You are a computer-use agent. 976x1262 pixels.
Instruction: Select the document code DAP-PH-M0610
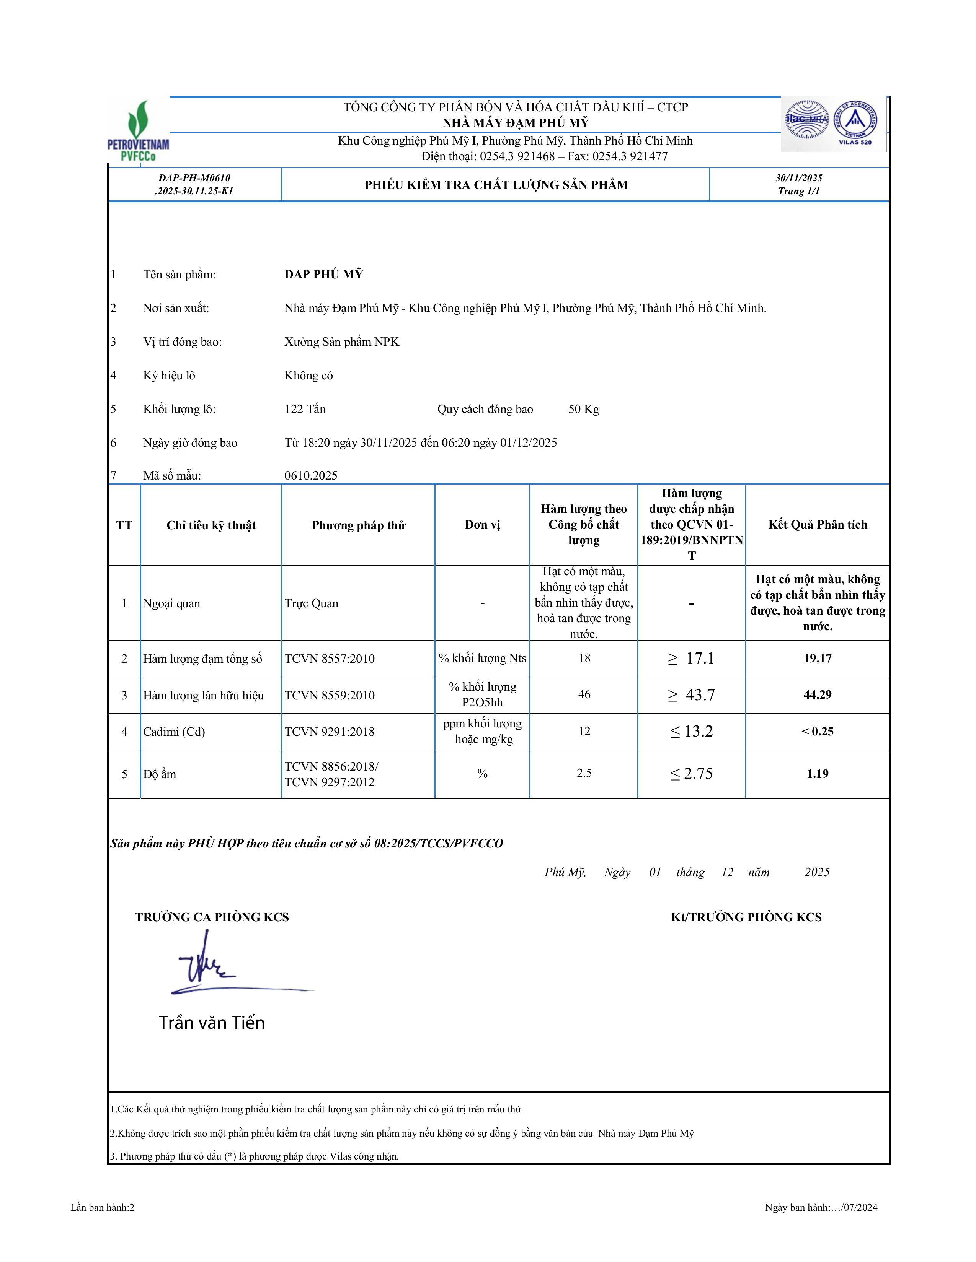(x=194, y=178)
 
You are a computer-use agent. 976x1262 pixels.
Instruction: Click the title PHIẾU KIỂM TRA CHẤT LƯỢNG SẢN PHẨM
(x=496, y=185)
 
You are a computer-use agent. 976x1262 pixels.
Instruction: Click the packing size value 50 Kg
(x=583, y=409)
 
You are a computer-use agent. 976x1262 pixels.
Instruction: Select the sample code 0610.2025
(x=310, y=476)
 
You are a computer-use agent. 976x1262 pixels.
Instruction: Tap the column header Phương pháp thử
(x=359, y=525)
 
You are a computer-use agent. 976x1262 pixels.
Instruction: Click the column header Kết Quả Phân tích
(x=817, y=525)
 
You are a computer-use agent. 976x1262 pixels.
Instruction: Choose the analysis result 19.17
(x=817, y=658)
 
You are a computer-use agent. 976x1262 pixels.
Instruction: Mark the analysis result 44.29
(x=817, y=694)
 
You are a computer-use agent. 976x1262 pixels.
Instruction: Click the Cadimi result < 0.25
(x=817, y=732)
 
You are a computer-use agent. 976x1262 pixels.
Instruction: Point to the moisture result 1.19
(x=817, y=774)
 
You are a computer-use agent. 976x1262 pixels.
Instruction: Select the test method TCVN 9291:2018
(x=330, y=732)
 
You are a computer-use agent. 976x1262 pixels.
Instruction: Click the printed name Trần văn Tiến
(x=212, y=1023)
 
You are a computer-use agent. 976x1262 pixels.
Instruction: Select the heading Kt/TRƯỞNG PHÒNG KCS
(x=746, y=917)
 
